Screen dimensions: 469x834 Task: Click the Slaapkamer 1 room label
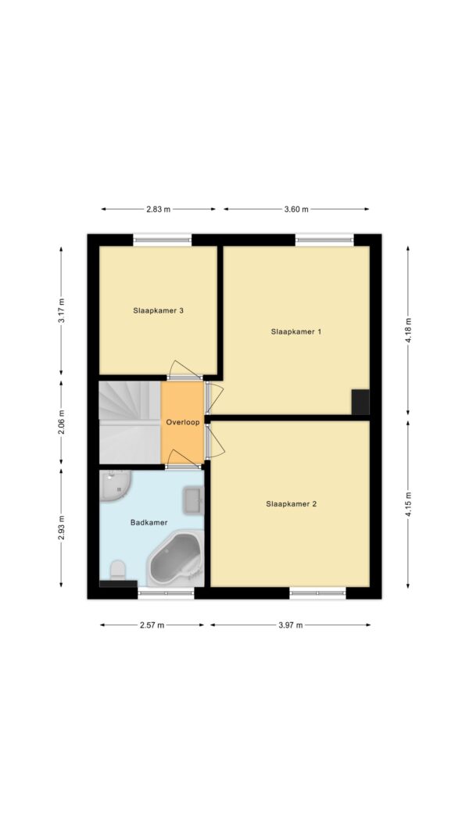point(296,331)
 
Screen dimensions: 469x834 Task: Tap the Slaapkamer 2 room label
point(292,503)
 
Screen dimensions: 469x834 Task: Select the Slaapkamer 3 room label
point(159,310)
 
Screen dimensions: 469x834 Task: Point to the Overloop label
point(182,423)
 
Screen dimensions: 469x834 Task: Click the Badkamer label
point(149,523)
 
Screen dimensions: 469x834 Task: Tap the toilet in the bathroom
point(118,569)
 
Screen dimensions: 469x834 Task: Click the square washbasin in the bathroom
point(192,500)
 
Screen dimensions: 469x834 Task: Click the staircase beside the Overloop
point(131,422)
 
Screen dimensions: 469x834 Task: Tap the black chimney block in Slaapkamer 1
point(360,402)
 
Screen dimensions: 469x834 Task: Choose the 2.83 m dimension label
point(159,209)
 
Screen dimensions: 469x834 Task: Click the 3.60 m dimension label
point(296,209)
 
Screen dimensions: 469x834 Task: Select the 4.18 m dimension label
point(408,331)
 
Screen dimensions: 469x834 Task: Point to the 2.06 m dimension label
point(61,423)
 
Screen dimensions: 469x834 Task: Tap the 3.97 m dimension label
point(290,625)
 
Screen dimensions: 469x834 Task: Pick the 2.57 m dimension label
point(152,625)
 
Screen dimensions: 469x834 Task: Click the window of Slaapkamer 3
point(162,240)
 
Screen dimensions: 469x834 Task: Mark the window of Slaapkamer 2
point(317,593)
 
